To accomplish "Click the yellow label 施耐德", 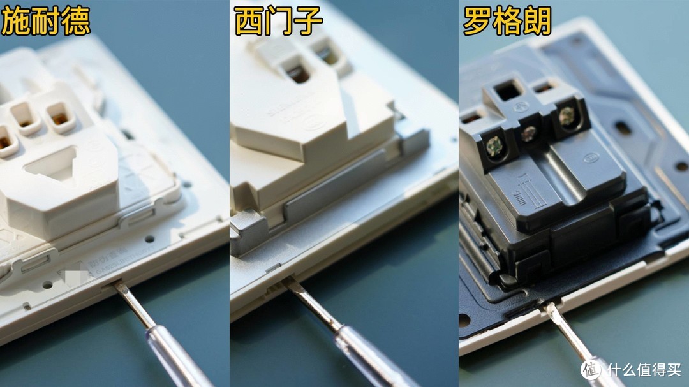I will [x=45, y=21].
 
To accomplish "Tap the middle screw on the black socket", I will [x=528, y=133].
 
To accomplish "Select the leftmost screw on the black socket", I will [x=494, y=147].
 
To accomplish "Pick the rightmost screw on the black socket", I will [x=566, y=116].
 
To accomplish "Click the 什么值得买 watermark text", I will [x=644, y=369].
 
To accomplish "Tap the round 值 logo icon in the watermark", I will [x=591, y=369].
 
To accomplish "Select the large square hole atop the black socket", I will [x=508, y=90].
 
